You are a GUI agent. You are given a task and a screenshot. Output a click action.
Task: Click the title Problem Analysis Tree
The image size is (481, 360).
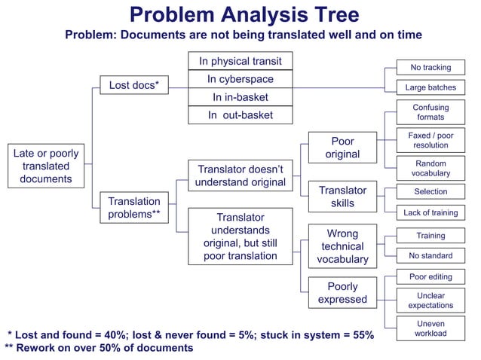coord(244,15)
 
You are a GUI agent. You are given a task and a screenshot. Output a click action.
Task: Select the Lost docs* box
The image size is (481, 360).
coord(133,85)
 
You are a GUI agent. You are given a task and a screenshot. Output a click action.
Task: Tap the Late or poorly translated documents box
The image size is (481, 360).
coord(46,166)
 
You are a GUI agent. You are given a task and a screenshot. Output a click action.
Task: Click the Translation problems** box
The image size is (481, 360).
coord(133,208)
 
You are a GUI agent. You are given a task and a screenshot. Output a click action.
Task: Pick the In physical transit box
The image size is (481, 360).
coord(240,61)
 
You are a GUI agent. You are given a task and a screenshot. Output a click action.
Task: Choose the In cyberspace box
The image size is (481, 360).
coord(240,79)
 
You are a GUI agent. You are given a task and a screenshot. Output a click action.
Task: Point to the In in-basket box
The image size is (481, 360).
coord(240,97)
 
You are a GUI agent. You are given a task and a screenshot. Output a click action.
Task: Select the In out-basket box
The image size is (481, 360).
coord(240,115)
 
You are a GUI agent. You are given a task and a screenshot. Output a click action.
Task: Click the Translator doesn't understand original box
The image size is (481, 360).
coord(240,175)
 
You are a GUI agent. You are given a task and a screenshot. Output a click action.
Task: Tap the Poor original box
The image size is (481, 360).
coord(342,148)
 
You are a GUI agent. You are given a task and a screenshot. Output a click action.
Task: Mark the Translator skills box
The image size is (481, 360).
coord(342,197)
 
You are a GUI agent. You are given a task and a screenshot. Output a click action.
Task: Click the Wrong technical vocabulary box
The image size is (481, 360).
coord(342,246)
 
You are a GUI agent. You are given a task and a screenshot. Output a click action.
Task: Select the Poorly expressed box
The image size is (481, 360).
coord(342,293)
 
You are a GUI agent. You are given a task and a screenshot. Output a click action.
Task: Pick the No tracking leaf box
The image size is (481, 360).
coord(430,68)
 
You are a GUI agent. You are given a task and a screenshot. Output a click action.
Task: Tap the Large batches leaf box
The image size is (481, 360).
coord(430,87)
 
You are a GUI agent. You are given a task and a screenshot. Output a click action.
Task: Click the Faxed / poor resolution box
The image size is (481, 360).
coord(430,140)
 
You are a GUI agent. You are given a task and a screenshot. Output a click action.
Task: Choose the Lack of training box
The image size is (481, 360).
coord(430,213)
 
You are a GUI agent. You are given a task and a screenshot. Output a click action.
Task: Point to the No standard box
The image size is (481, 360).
coord(430,255)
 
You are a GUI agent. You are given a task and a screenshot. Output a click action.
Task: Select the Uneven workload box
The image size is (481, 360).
coord(430,328)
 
